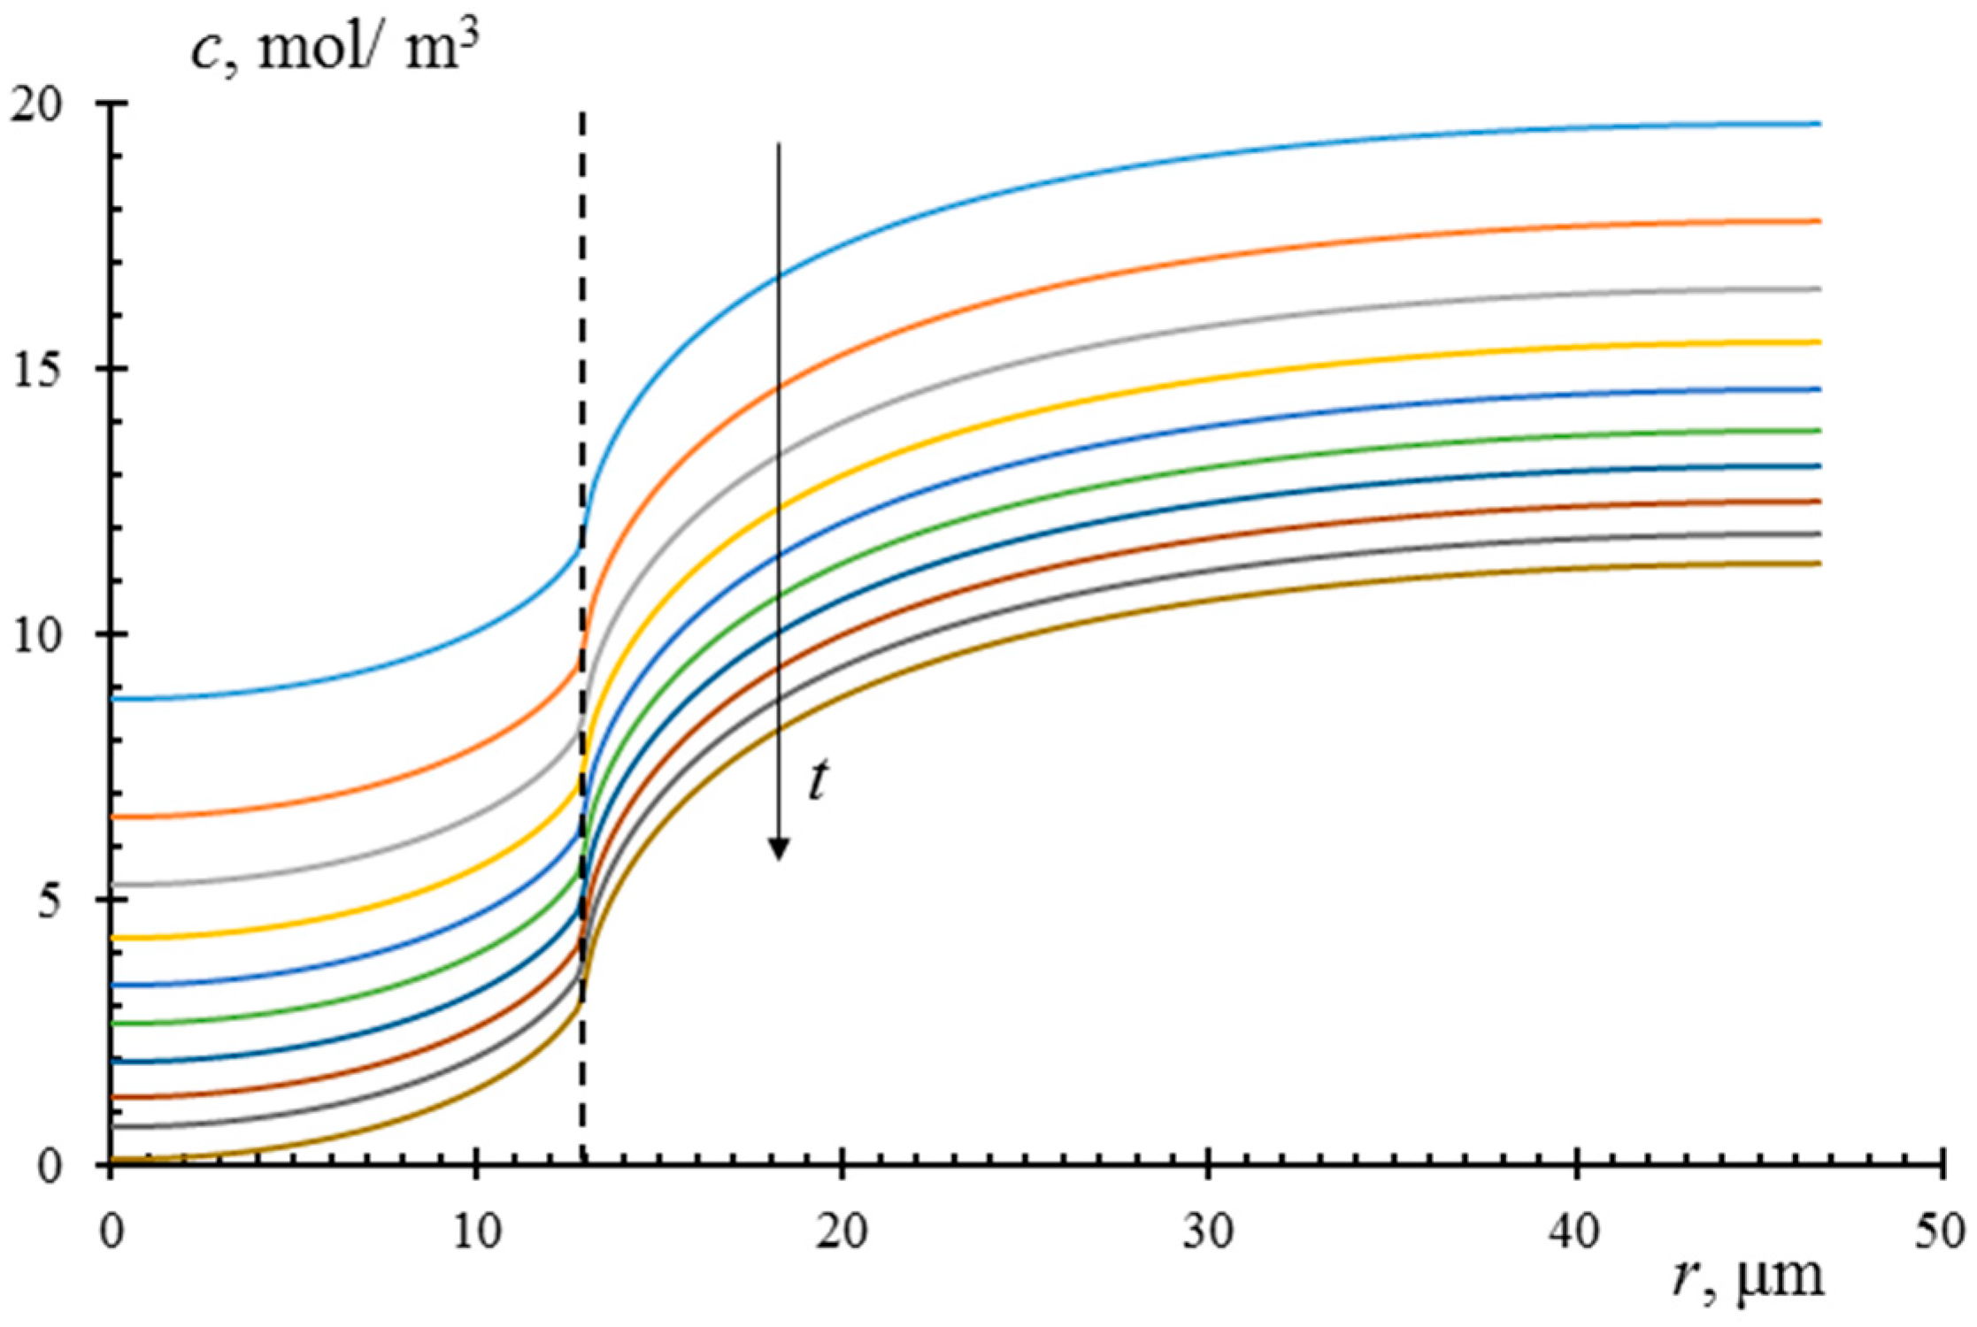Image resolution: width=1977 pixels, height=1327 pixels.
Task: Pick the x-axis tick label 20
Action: (842, 1232)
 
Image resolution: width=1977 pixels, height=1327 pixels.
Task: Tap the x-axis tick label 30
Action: (1209, 1232)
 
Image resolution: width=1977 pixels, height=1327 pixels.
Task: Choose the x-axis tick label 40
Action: (1575, 1232)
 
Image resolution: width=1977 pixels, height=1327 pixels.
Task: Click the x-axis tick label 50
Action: (1942, 1232)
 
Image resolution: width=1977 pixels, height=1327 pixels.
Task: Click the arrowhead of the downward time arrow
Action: (778, 849)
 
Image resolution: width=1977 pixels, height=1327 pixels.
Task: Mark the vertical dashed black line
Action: (582, 354)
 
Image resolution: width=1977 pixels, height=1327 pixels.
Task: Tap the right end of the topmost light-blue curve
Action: (1818, 124)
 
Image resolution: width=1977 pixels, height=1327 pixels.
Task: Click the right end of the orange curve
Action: (1818, 221)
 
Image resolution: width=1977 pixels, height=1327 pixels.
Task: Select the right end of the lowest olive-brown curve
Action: (1818, 563)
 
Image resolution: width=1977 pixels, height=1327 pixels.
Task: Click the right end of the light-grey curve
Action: (1818, 289)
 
